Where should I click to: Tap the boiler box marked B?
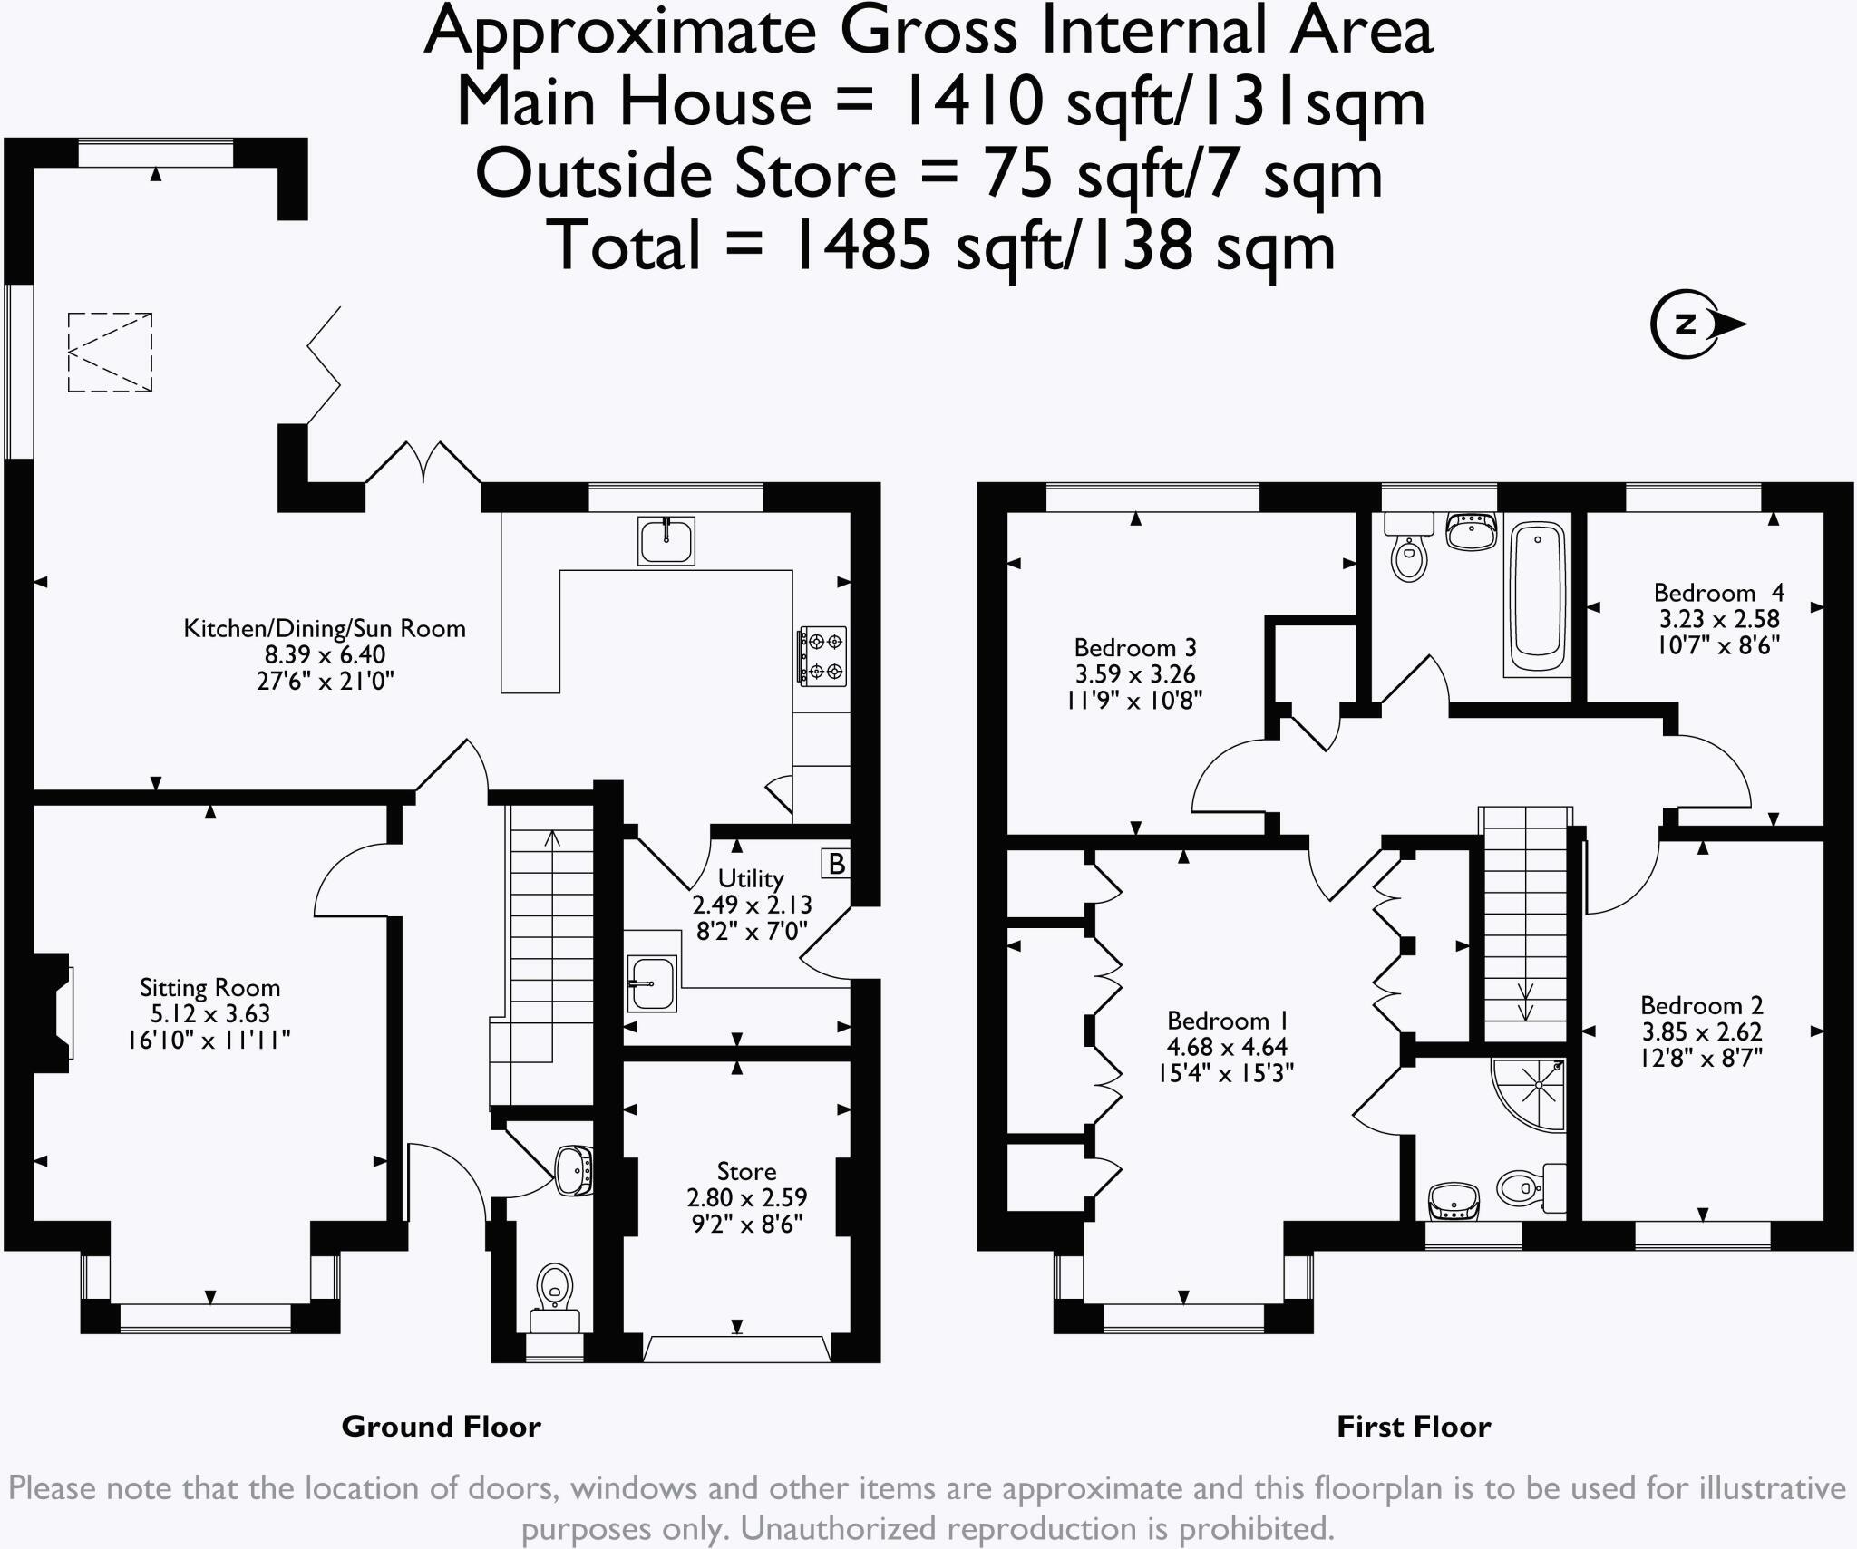836,863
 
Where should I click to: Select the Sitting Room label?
209,987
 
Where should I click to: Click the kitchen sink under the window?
666,541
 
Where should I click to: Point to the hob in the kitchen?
822,655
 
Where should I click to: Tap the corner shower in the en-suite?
1530,1095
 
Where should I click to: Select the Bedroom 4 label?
1719,593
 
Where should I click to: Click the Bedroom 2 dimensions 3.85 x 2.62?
1701,1031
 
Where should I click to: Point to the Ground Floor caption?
441,1427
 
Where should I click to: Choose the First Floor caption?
1414,1427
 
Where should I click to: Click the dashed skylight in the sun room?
110,353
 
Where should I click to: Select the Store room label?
746,1171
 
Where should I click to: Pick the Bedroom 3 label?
1135,648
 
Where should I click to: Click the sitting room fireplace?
53,1012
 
